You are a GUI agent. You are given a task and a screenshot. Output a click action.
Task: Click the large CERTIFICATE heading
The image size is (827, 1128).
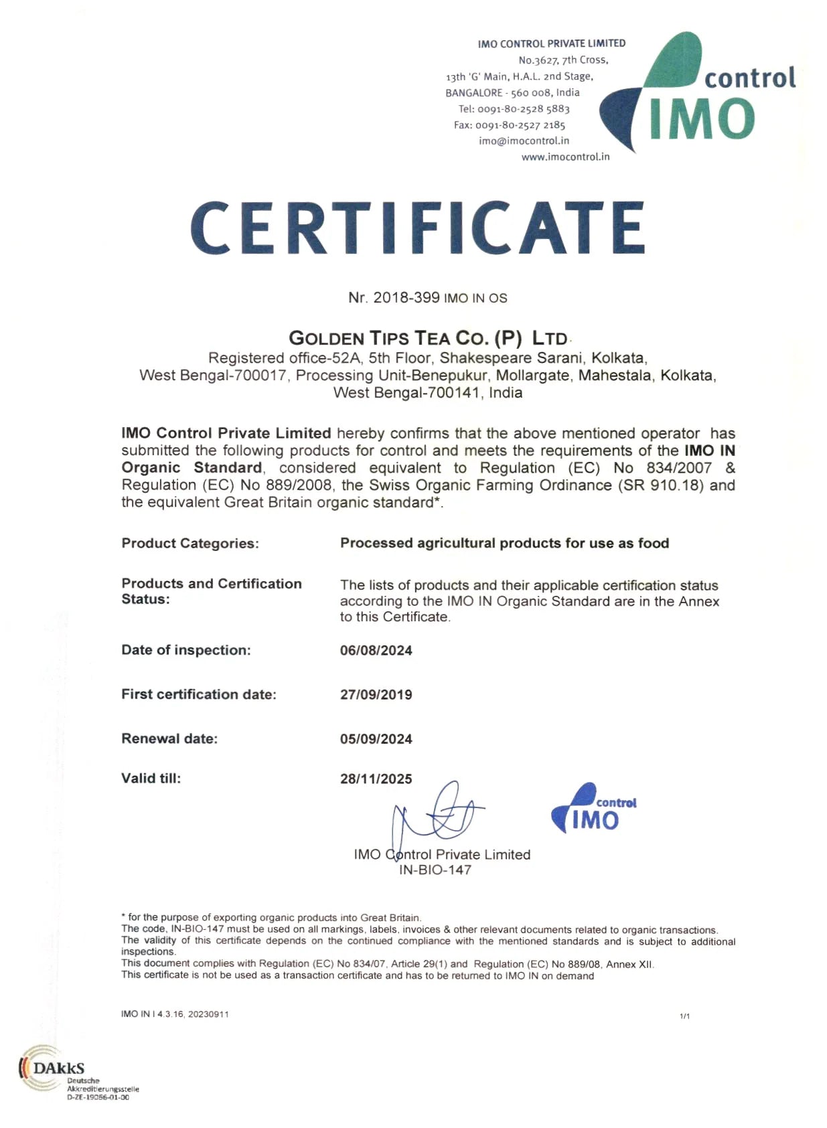417,228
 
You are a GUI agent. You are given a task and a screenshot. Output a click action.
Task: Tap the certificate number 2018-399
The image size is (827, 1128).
406,298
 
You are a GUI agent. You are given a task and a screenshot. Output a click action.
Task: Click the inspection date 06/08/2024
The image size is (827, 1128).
376,651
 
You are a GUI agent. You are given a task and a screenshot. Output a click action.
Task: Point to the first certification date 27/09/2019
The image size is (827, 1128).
376,695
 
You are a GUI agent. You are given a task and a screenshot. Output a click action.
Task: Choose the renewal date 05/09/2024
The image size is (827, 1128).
376,739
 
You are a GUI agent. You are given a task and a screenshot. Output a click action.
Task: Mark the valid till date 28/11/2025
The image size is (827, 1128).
376,779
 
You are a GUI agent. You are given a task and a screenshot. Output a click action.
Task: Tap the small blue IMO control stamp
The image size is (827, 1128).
593,809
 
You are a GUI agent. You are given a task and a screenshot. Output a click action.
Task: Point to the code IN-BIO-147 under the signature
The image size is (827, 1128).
435,870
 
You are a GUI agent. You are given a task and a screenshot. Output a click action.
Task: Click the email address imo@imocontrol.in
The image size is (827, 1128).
524,141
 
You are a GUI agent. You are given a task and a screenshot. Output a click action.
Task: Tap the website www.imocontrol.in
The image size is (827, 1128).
565,157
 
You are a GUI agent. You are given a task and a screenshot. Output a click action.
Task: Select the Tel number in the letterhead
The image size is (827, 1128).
514,108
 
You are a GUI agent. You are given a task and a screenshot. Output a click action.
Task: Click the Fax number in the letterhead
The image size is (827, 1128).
510,125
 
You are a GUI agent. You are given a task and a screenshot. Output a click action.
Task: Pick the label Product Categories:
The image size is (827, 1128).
190,544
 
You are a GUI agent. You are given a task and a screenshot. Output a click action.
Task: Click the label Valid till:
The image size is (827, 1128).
151,778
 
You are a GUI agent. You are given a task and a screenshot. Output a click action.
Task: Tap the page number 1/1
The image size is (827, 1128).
684,1016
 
